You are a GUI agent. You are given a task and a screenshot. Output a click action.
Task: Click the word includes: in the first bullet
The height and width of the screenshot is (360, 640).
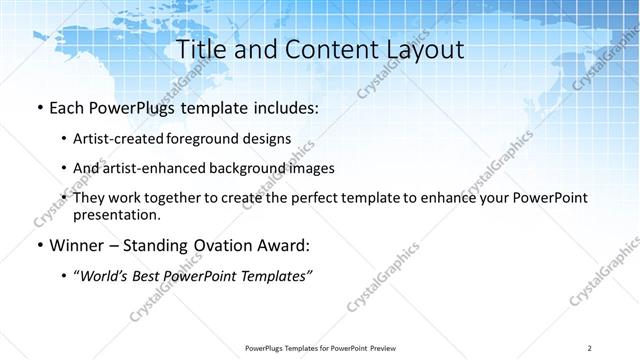(284, 107)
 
